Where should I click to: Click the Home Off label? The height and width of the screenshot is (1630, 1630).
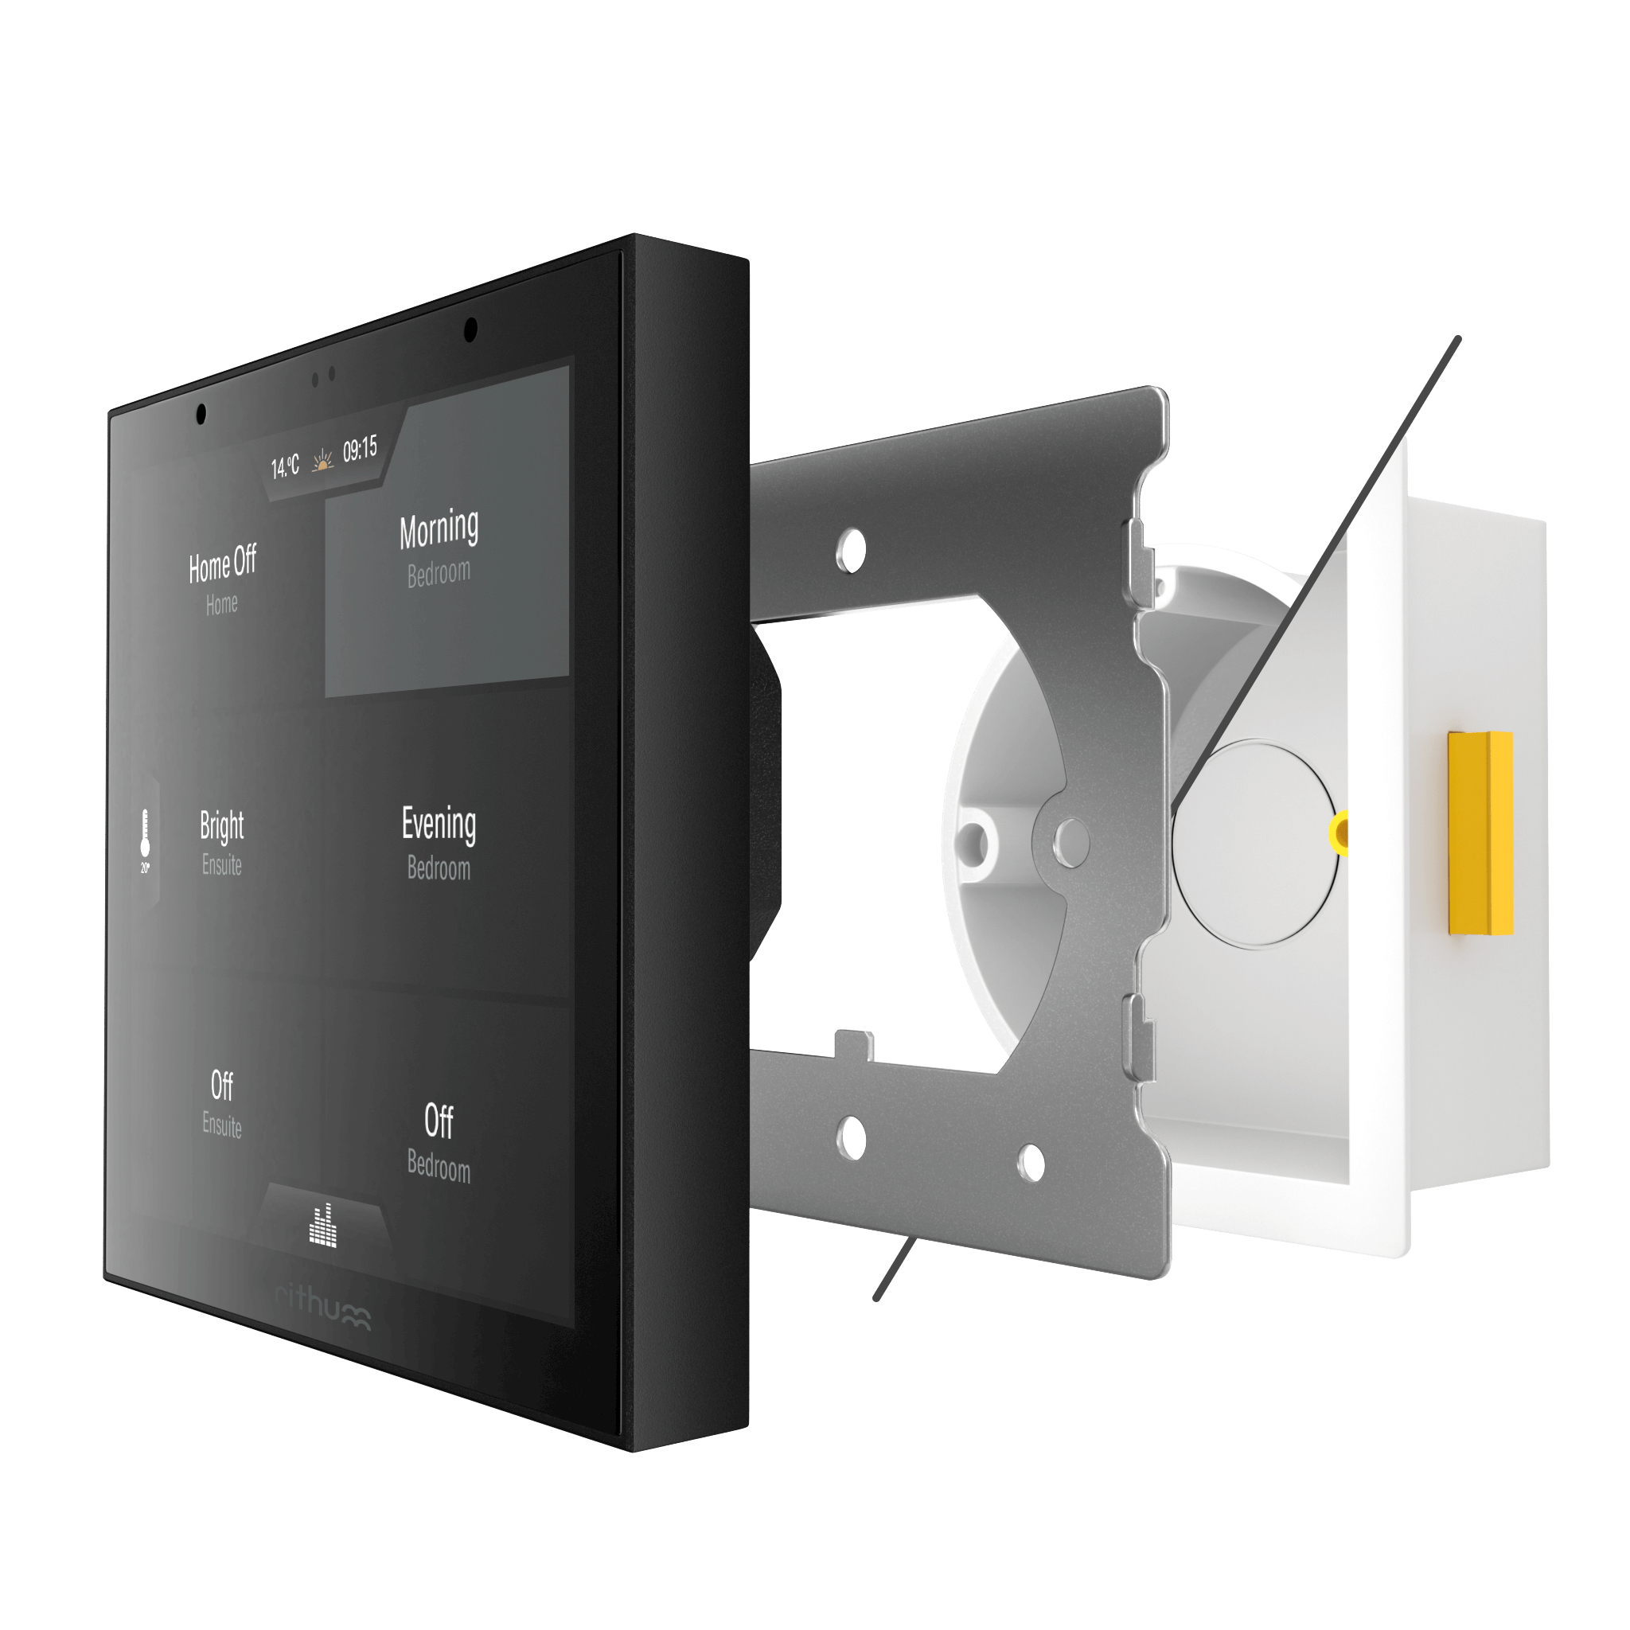tap(222, 564)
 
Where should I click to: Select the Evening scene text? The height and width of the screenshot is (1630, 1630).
tap(438, 825)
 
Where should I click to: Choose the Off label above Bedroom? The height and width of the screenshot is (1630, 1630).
tap(438, 1121)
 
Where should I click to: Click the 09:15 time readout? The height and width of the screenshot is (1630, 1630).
tap(361, 450)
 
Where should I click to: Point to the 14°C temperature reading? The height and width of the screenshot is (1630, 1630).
tap(285, 466)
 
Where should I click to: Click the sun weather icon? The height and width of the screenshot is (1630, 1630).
tap(322, 461)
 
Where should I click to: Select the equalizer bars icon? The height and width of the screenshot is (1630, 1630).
tap(323, 1225)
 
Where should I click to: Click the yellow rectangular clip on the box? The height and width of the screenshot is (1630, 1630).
tap(1480, 833)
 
